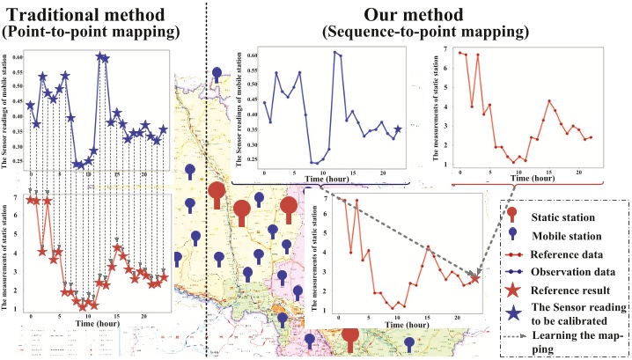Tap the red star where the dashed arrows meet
tap(475, 279)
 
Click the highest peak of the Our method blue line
tap(334, 52)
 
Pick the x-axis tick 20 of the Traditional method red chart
tap(144, 315)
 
